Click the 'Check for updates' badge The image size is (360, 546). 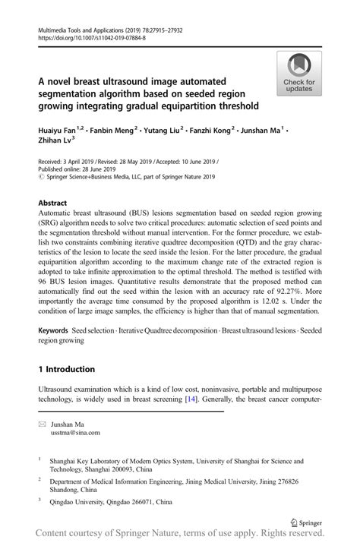(x=299, y=74)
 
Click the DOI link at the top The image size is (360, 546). (x=91, y=37)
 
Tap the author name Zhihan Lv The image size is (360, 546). (x=55, y=141)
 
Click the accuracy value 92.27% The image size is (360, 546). (x=279, y=289)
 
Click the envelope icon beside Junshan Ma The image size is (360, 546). (x=43, y=424)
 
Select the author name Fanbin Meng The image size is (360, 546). (x=114, y=131)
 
